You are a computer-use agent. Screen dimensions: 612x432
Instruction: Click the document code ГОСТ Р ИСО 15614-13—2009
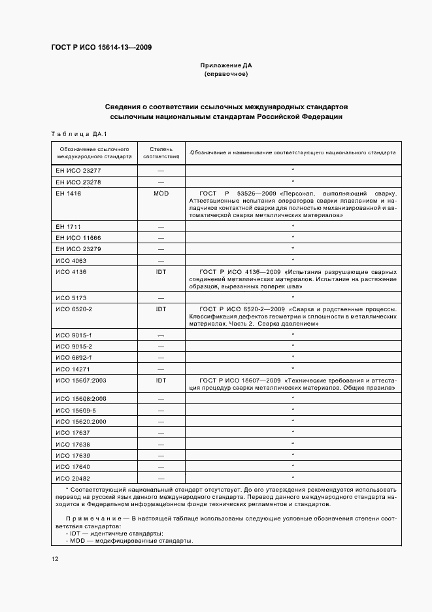pos(97,48)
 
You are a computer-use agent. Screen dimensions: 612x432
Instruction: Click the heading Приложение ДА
pos(226,66)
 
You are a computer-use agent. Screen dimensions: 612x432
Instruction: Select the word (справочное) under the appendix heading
pos(226,75)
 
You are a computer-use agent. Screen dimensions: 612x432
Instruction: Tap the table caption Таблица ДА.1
pos(78,133)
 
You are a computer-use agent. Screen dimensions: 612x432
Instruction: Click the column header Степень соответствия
pos(161,153)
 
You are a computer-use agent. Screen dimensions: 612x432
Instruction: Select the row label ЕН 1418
pos(69,194)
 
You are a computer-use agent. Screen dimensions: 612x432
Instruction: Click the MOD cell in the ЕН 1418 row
pos(161,194)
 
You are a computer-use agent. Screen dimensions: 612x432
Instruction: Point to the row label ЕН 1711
pos(69,226)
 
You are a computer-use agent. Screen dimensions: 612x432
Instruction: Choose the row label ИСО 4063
pos(71,260)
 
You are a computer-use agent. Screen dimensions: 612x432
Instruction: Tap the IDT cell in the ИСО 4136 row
pos(161,271)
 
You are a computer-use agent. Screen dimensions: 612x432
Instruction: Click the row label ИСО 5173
pos(71,297)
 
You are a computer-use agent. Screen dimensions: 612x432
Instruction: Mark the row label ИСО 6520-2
pos(74,309)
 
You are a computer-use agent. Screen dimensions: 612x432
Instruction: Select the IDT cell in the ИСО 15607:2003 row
pos(161,380)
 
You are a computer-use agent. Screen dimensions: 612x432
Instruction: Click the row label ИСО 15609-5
pos(76,409)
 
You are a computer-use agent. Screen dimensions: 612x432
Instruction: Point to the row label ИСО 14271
pos(72,369)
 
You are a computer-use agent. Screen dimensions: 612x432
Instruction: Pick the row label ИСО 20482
pos(73,479)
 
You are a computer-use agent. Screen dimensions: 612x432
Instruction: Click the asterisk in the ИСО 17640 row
pos(293,466)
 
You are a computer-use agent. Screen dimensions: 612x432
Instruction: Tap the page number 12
pos(54,558)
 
